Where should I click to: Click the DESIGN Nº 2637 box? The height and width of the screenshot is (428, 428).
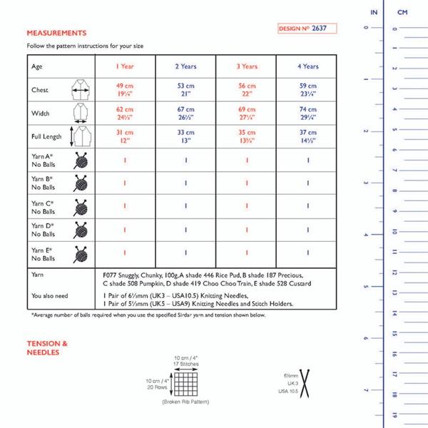(x=306, y=28)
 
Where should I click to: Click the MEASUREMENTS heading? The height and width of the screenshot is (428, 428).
(x=57, y=33)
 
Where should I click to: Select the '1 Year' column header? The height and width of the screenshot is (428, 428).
(x=126, y=66)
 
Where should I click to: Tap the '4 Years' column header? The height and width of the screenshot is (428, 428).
(x=308, y=66)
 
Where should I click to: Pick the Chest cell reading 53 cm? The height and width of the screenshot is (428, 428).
(x=186, y=91)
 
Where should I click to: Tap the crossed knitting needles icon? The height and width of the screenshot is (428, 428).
(x=308, y=382)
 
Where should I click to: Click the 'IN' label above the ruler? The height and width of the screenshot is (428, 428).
(x=374, y=13)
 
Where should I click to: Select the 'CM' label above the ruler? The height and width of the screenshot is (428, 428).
(x=402, y=13)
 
